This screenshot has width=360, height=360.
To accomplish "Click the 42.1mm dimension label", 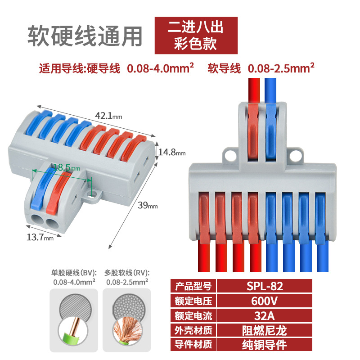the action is click(x=108, y=116).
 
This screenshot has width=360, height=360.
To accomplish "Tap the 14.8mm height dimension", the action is click(x=171, y=152).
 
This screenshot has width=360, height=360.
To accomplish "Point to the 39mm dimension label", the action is click(x=147, y=206).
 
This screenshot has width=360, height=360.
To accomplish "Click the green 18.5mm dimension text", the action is click(x=67, y=167).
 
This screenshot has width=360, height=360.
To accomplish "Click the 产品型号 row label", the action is click(x=193, y=286).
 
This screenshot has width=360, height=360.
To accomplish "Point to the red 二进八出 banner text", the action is click(x=195, y=27).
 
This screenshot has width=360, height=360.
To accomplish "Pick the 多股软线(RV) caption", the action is click(x=126, y=273).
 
